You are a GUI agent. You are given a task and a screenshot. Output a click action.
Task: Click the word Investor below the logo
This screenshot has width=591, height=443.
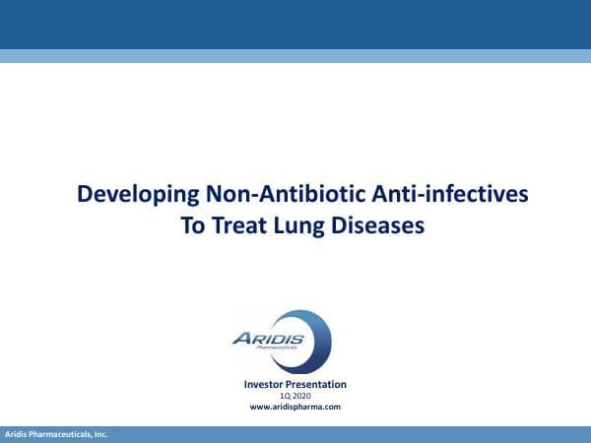[x=266, y=384]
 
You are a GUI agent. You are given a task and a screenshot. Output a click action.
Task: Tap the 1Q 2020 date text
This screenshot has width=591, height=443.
[x=295, y=396]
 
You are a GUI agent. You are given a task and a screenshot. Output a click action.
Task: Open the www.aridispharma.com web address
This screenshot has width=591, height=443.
[x=295, y=407]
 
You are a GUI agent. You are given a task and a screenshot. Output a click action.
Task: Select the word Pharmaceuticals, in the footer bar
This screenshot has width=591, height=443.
[x=63, y=434]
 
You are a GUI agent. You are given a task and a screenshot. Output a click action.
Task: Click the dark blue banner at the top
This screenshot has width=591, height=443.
[x=295, y=24]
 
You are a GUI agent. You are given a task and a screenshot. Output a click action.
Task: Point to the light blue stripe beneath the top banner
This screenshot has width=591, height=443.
[x=295, y=56]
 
